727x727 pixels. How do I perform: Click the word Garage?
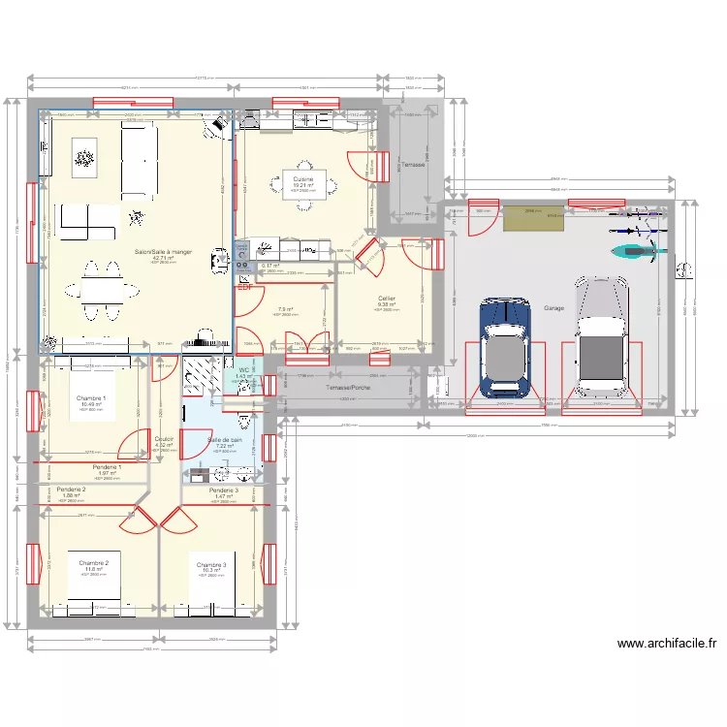coord(553,307)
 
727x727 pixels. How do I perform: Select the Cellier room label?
coord(387,299)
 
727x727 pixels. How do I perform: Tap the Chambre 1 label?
coord(91,398)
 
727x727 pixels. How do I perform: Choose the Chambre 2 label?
coord(93,562)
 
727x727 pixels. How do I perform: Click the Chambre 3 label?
coord(211,564)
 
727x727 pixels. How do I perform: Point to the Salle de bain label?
coord(224,439)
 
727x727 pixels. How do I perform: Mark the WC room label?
coord(244,369)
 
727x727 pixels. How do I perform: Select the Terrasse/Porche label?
coord(346,386)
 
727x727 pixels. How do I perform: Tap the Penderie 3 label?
coord(224,490)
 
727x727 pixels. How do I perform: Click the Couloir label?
coord(164,438)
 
